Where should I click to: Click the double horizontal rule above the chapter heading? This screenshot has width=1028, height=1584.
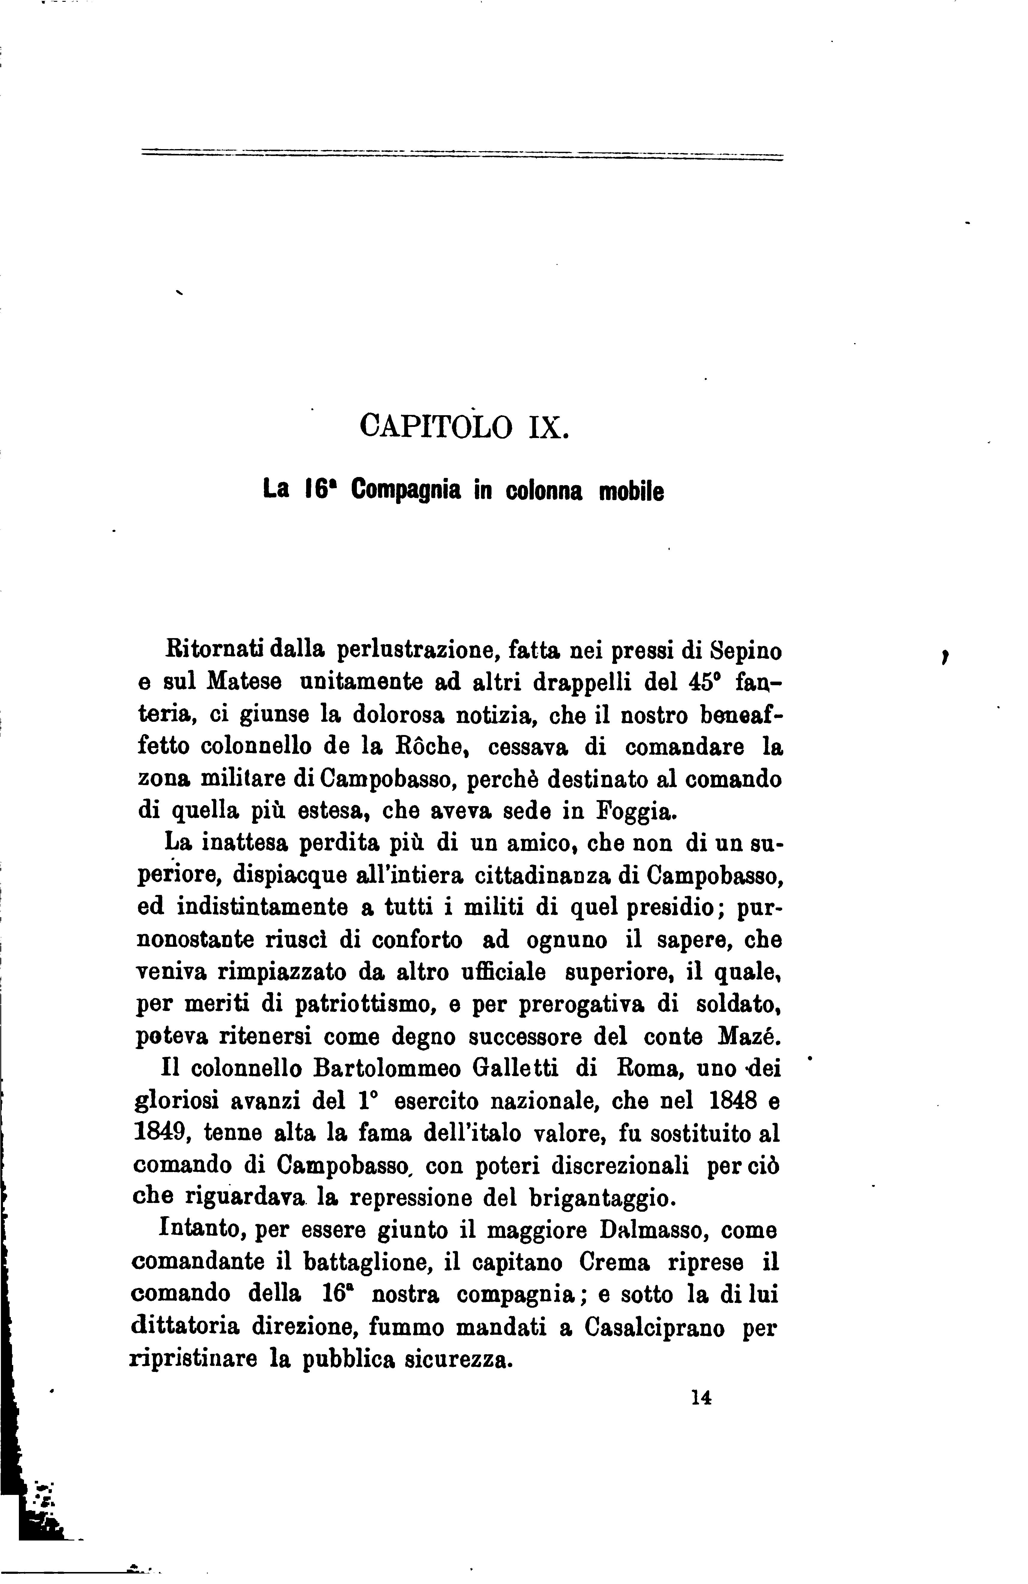[462, 156]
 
